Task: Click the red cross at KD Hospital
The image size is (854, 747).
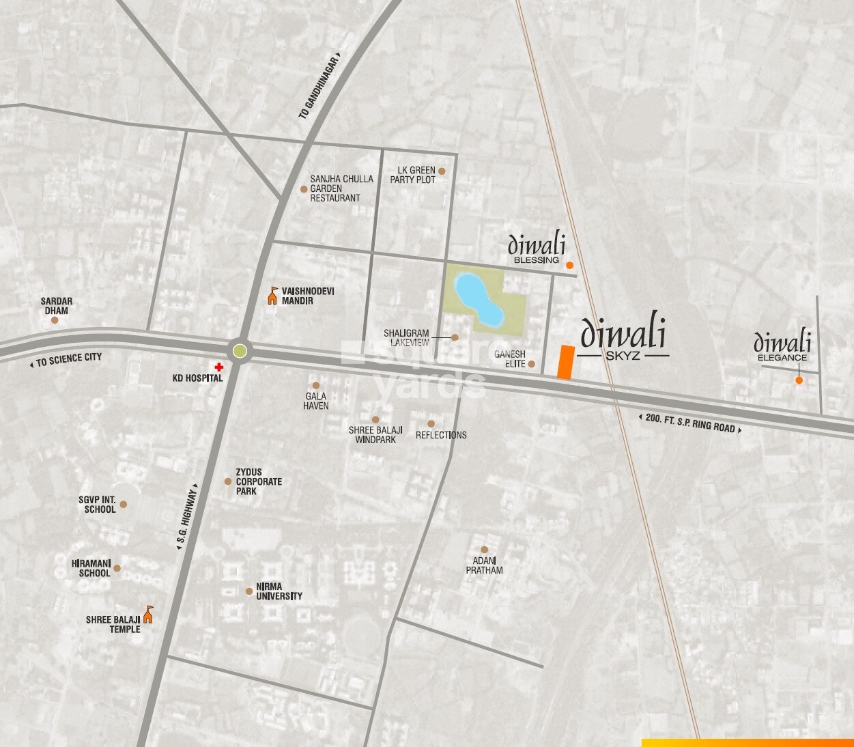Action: [218, 367]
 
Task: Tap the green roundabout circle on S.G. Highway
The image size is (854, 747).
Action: [240, 351]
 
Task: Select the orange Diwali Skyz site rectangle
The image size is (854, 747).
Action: [565, 362]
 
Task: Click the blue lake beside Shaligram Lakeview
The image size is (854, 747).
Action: [479, 298]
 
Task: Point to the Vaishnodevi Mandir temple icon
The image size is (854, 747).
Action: [272, 296]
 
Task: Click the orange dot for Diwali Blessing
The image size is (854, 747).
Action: [569, 265]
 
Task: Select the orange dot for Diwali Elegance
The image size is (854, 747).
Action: [799, 380]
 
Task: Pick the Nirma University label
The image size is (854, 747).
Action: [279, 591]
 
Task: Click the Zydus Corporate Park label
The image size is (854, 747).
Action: [259, 481]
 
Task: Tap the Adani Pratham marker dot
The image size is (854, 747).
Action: [484, 550]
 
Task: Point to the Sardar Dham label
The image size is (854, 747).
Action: [56, 306]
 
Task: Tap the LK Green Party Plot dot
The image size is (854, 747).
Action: [442, 171]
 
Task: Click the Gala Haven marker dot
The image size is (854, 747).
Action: [315, 386]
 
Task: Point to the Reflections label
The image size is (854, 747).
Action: [441, 435]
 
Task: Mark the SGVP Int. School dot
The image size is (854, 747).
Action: [124, 505]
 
